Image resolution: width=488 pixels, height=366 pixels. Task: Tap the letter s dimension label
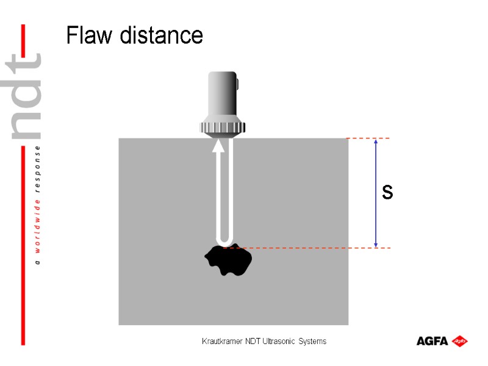tap(387, 193)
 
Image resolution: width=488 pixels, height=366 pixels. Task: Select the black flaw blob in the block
tap(229, 261)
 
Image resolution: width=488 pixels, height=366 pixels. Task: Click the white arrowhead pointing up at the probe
tap(218, 146)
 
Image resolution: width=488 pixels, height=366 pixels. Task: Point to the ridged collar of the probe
tap(223, 127)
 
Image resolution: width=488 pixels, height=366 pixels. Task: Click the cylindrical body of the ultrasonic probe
tap(223, 95)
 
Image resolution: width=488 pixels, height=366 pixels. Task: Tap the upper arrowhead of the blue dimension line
tap(376, 142)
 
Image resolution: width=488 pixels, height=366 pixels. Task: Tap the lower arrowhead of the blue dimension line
tap(376, 244)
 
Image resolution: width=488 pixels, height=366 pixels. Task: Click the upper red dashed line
tap(368, 138)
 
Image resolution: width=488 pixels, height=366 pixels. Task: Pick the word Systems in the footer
tap(313, 342)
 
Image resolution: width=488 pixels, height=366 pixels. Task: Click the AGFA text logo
tap(432, 341)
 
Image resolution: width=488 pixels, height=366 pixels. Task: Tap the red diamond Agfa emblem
tap(460, 341)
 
